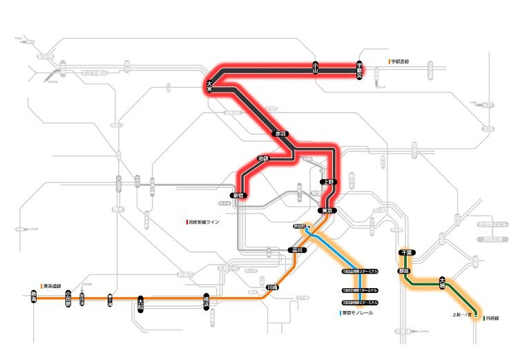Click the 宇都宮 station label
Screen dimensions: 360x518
360,68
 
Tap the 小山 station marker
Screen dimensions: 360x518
316,68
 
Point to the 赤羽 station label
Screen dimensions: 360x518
280,133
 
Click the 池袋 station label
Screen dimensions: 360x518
262,158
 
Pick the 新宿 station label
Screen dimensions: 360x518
238,196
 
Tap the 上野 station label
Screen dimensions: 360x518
327,182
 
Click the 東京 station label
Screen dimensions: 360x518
327,210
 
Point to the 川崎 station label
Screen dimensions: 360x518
271,287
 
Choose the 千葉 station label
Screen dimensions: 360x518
407,254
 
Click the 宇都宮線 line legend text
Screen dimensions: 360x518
401,62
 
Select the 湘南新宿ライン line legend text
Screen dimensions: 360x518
204,222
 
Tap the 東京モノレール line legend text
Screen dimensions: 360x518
358,313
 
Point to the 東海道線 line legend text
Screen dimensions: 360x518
55,285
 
